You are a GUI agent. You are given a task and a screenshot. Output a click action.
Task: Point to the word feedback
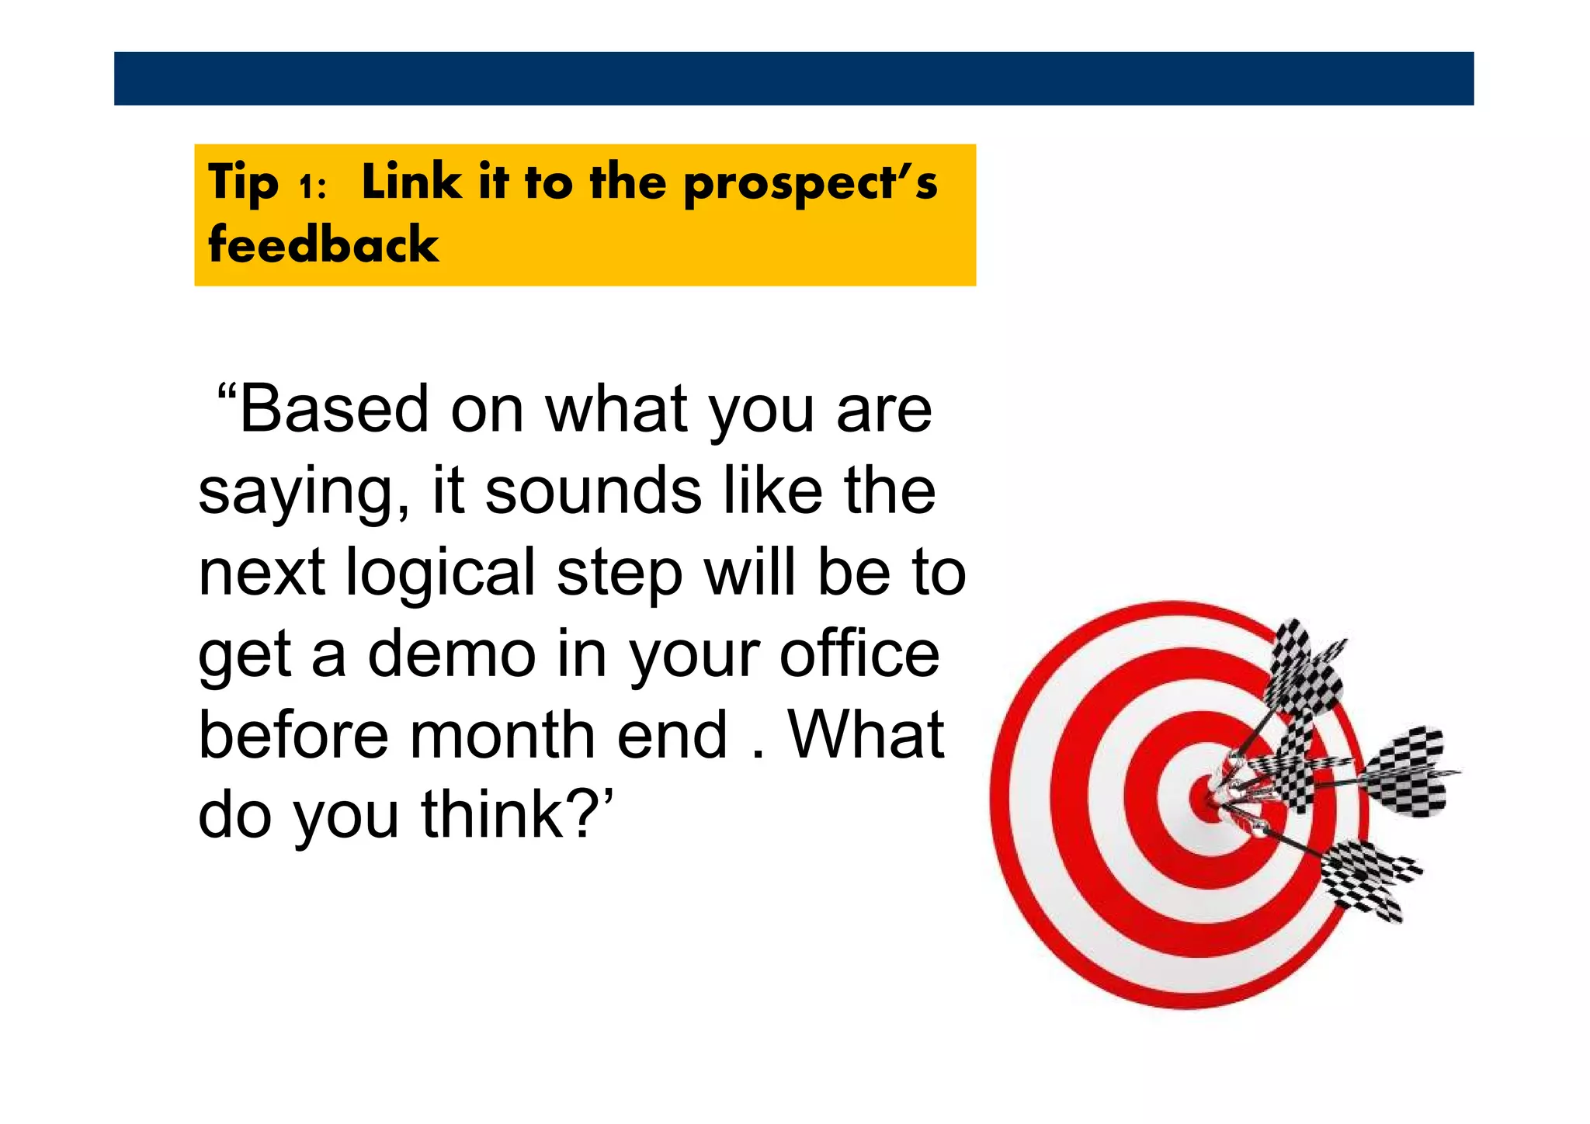click(x=323, y=245)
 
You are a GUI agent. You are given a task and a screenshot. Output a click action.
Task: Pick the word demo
click(x=451, y=654)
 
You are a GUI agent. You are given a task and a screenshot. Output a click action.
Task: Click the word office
click(x=859, y=654)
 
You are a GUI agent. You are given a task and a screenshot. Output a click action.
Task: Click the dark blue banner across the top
click(x=793, y=78)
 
